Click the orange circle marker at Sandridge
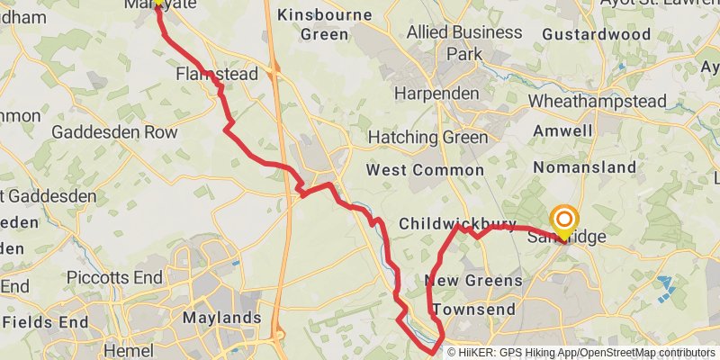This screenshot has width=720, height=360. [564, 220]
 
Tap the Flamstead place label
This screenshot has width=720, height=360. [217, 73]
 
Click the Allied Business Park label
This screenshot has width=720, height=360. [463, 42]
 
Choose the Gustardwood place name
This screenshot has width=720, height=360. [597, 34]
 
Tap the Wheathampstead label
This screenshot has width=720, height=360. [609, 101]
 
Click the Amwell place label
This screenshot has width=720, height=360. [562, 131]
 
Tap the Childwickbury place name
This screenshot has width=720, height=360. [457, 223]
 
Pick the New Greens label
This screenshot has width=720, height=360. [473, 281]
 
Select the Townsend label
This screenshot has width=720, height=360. [473, 310]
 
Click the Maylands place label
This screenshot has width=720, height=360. [221, 318]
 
